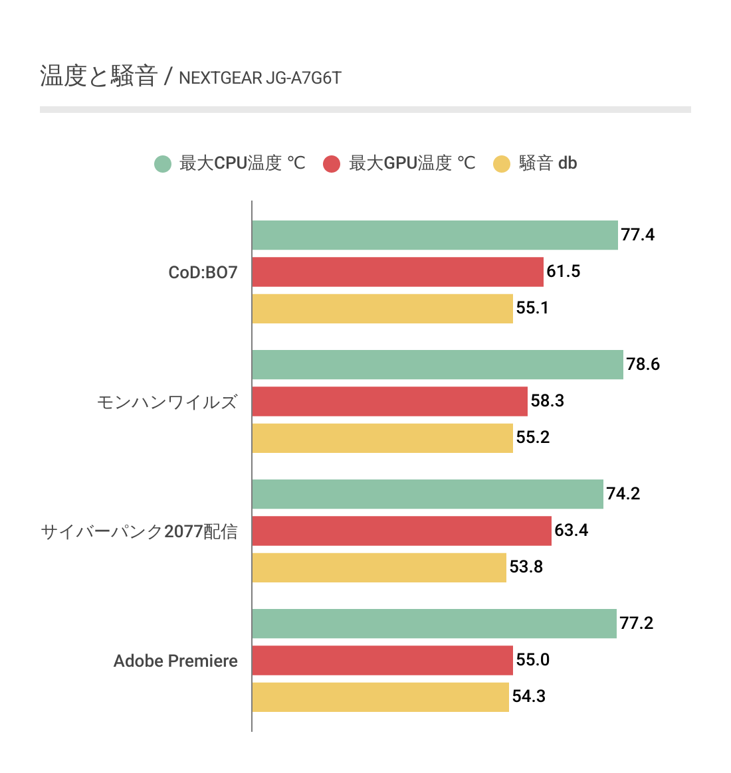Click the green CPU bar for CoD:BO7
coord(435,235)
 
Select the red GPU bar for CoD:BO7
coord(397,272)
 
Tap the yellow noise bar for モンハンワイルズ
coord(382,438)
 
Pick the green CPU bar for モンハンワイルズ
coord(437,365)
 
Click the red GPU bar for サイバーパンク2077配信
coord(401,531)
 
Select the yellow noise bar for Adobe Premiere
coord(380,697)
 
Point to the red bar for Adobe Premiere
coord(382,660)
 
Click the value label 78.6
coord(643,365)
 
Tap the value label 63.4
coord(571,531)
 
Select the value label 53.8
coord(526,567)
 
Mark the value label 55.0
coord(532,660)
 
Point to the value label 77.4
coord(637,235)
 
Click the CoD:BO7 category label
coord(203,273)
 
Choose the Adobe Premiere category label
coord(175,661)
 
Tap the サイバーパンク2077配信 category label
coord(139,532)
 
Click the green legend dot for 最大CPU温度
coord(163,163)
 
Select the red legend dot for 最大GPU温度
coord(332,163)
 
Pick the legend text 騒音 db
coord(548,163)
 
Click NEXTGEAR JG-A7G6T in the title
coord(260,78)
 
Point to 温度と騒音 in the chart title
coord(98,76)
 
